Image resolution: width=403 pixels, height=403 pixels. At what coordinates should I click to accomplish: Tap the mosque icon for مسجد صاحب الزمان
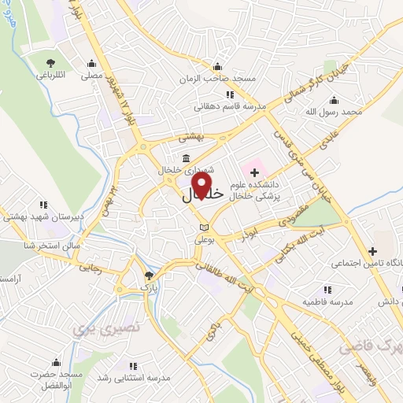click(227, 67)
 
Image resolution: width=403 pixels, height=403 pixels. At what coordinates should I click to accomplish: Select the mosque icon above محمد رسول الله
click(334, 99)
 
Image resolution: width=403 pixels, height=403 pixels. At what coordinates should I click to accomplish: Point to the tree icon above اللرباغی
click(52, 63)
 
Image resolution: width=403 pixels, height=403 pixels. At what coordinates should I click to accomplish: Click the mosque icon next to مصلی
click(92, 64)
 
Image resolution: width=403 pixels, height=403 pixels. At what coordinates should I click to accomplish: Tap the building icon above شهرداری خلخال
click(185, 157)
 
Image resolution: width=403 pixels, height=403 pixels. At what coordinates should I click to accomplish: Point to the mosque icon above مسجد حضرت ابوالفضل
click(55, 363)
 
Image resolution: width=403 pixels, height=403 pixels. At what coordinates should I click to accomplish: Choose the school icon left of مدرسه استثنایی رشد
click(132, 365)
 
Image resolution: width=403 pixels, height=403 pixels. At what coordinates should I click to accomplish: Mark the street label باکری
click(211, 332)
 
